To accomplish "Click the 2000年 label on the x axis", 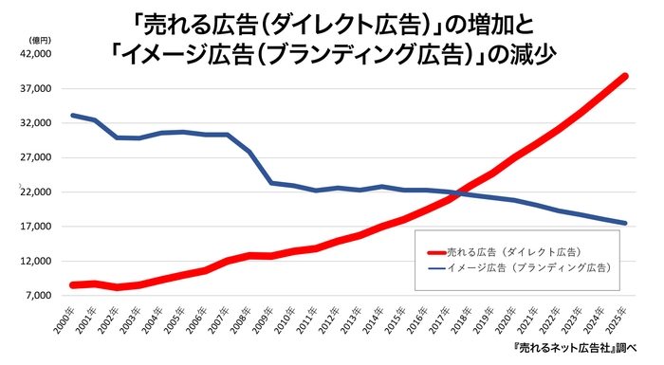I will click(64, 319).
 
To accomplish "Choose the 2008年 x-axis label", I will click(241, 319).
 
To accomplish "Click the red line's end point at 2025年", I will click(625, 76).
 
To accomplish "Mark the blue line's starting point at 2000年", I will click(72, 116).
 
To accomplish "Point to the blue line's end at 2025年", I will click(625, 224).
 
